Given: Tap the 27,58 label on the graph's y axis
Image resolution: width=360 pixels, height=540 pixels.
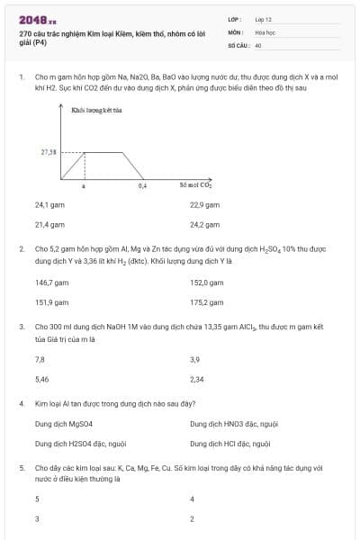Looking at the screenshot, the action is click(49, 152).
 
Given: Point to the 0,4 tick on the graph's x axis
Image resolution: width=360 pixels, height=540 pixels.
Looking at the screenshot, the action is click(142, 186).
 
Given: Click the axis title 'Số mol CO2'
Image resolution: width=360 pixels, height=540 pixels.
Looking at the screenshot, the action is click(195, 185).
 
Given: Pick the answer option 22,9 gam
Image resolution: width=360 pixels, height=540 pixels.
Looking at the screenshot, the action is click(205, 204).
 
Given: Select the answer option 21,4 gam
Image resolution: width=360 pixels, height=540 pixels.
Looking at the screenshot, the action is click(49, 224).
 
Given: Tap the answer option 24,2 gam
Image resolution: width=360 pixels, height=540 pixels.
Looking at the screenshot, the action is click(205, 224).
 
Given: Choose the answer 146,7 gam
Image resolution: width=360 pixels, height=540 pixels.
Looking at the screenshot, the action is click(50, 283).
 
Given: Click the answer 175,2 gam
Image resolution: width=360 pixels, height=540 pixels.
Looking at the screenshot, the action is click(206, 302).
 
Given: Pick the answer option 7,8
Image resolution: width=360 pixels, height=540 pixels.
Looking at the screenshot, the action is click(40, 360).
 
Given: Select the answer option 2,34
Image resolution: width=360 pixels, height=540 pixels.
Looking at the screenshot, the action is click(197, 380).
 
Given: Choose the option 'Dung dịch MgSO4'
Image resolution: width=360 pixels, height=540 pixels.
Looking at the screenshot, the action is click(64, 423).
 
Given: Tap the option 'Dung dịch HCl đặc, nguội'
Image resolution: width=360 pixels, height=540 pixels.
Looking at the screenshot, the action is click(229, 444).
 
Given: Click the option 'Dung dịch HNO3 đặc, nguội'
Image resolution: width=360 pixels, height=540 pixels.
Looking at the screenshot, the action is click(234, 423).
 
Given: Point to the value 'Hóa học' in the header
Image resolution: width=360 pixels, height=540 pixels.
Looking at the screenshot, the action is click(265, 31).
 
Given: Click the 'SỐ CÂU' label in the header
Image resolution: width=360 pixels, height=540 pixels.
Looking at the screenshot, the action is click(237, 43).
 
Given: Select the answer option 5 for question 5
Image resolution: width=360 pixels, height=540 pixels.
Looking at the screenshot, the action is click(37, 499).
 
